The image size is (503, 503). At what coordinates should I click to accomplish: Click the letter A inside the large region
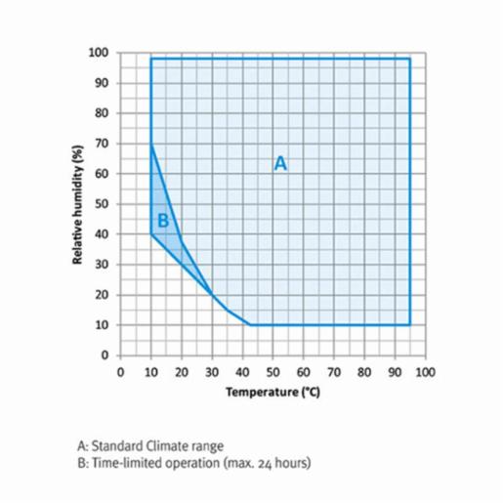(280, 164)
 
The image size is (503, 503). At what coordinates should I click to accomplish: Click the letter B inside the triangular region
(163, 221)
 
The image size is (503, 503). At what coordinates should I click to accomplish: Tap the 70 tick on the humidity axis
(101, 144)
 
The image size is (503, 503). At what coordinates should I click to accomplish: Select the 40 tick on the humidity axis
(101, 234)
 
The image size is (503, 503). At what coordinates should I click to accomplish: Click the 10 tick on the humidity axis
(101, 325)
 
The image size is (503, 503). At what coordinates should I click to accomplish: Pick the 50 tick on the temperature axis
(272, 371)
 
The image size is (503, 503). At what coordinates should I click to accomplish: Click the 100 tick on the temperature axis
(425, 371)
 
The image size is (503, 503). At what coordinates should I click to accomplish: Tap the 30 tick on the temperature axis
(212, 371)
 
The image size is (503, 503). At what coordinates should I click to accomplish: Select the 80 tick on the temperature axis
(363, 371)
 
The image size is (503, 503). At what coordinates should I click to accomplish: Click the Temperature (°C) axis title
(272, 392)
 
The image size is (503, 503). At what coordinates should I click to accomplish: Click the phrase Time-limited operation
(155, 461)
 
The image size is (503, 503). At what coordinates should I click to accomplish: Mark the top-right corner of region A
(409, 59)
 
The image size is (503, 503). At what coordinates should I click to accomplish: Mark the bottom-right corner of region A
(409, 324)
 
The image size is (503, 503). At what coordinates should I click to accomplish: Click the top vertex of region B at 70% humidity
(151, 144)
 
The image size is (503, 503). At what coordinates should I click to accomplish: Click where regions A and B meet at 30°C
(212, 294)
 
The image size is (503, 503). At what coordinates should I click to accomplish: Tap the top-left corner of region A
(151, 59)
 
